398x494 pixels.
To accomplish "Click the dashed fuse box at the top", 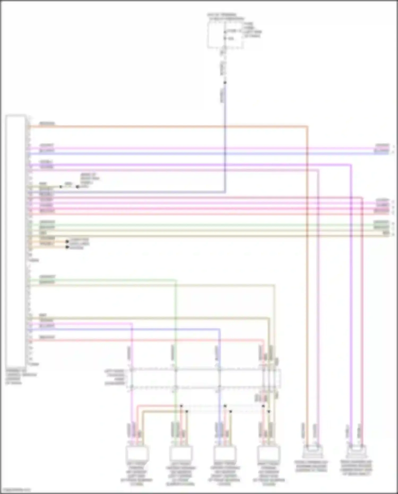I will click(x=225, y=35).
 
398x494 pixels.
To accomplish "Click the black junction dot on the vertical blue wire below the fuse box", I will click(x=225, y=83).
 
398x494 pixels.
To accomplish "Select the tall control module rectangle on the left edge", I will click(x=15, y=240).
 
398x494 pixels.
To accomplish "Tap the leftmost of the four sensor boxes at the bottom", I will click(x=137, y=453).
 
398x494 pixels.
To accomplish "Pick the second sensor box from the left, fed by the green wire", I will click(x=181, y=453).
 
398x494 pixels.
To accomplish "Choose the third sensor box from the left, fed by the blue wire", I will click(x=225, y=453).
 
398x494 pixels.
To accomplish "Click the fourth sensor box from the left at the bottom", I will click(x=269, y=453).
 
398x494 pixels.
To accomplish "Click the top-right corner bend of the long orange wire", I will click(x=307, y=127).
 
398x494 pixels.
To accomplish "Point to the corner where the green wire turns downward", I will click(x=175, y=280).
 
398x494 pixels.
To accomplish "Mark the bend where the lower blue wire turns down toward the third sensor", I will click(x=219, y=329).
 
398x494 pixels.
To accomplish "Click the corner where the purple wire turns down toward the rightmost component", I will click(x=351, y=165).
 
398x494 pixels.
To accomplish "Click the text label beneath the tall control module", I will click(x=21, y=376).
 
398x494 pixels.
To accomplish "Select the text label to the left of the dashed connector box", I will click(x=115, y=377).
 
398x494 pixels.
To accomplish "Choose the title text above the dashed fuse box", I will click(x=226, y=17).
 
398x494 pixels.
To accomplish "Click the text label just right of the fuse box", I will click(x=252, y=30).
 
